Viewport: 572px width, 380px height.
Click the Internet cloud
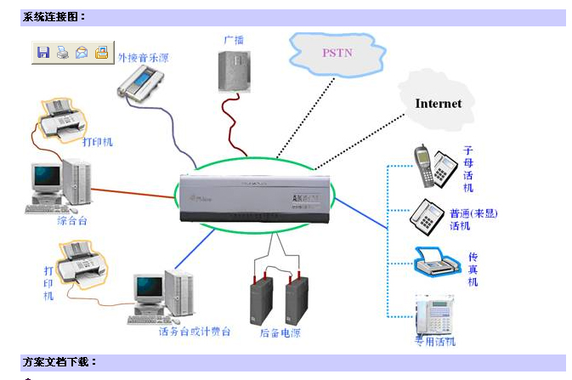tap(438, 103)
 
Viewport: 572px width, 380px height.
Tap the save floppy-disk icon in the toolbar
tap(43, 53)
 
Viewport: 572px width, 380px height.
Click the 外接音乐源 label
tap(143, 59)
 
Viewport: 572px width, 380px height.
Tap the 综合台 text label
tap(73, 221)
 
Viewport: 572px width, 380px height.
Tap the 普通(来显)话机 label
tap(473, 219)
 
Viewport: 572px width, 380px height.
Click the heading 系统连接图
tap(54, 16)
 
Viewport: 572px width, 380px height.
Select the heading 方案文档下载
tap(59, 362)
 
